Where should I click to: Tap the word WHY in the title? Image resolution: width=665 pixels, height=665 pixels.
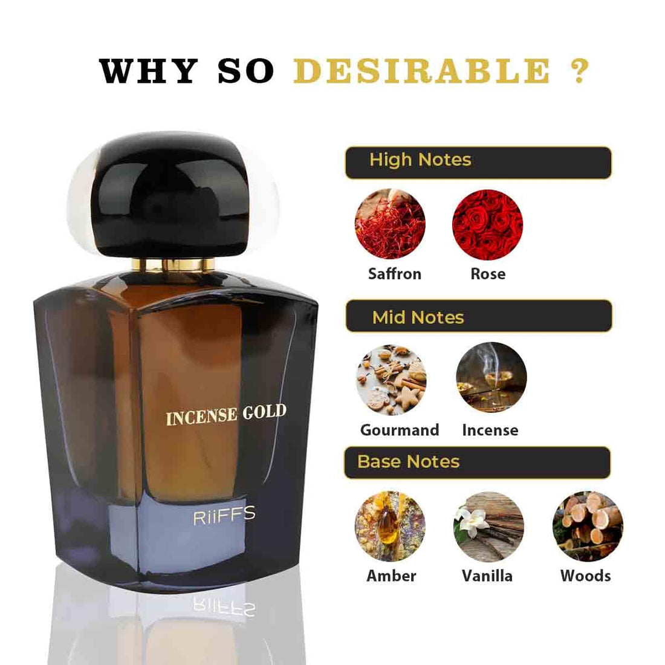tap(149, 71)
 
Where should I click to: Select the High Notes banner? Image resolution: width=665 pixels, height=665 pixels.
tap(478, 162)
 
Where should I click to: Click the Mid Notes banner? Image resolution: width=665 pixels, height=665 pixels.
tap(478, 316)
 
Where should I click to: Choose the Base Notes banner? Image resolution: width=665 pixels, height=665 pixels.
tap(477, 462)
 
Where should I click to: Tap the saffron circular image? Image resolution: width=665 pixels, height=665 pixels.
tap(390, 224)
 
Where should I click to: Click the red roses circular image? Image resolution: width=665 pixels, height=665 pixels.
tap(487, 224)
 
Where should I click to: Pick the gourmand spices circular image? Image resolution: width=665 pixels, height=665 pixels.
tap(391, 379)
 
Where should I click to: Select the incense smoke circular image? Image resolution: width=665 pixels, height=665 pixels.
tap(491, 377)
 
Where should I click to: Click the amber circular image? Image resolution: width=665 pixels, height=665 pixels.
tap(390, 526)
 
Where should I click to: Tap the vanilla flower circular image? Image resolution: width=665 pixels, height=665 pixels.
tap(488, 526)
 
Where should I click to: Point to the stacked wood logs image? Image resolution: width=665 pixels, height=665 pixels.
tap(587, 526)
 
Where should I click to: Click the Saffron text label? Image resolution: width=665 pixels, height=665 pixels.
tap(394, 274)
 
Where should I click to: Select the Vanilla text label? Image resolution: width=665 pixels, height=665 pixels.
tap(487, 576)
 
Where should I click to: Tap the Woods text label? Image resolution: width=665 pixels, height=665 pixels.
tap(585, 576)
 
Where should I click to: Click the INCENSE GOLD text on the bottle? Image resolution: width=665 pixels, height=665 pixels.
tap(225, 415)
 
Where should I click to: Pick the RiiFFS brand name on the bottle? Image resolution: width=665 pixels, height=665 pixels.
tap(224, 516)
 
